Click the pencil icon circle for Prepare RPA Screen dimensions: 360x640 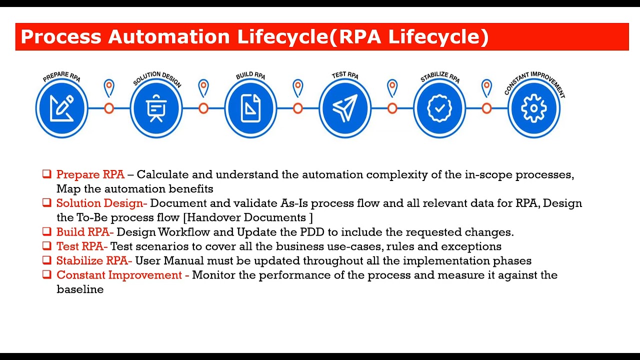[x=62, y=108]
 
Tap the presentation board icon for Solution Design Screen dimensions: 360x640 [x=156, y=108]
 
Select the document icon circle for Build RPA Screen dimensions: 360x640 [x=250, y=108]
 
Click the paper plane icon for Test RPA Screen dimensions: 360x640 [x=345, y=108]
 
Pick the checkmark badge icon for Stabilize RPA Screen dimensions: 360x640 [x=439, y=108]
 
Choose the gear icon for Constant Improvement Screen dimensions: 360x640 [x=534, y=108]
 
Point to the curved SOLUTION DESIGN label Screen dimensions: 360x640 [x=156, y=79]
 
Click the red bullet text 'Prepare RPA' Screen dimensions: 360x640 [x=90, y=174]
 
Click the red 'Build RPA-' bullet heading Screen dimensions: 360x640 [x=85, y=232]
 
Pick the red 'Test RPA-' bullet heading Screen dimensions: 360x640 [x=82, y=246]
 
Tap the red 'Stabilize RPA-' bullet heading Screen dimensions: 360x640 [x=94, y=261]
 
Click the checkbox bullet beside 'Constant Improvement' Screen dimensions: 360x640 [x=46, y=274]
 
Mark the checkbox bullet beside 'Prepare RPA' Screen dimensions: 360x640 [x=46, y=174]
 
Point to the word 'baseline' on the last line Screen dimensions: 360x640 [x=80, y=289]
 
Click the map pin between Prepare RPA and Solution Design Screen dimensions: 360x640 [x=109, y=88]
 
